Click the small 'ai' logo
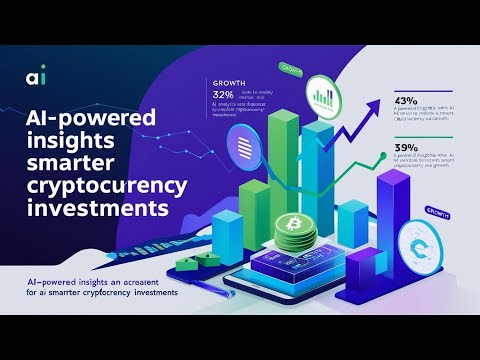coord(36,77)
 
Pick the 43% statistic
coord(410,100)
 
